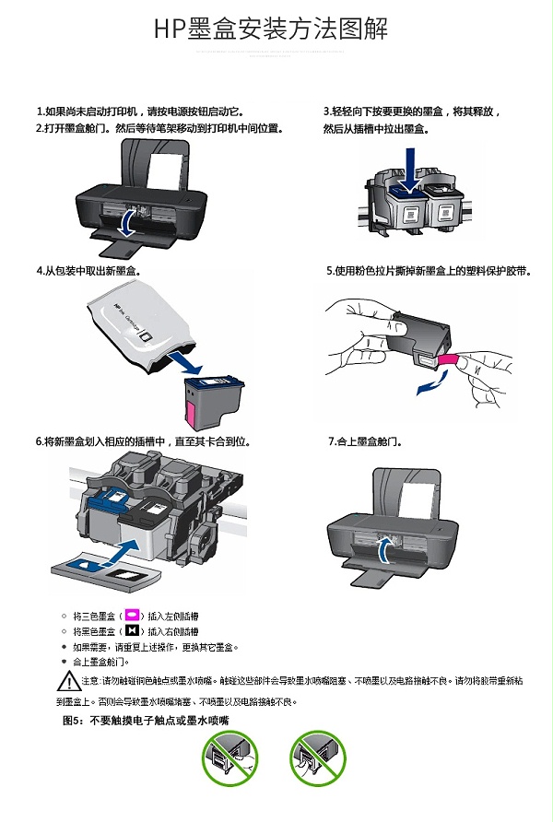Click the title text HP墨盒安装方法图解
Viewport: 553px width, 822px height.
[x=271, y=29]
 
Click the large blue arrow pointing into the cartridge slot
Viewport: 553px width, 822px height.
[x=124, y=551]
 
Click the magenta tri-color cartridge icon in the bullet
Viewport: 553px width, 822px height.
[x=133, y=614]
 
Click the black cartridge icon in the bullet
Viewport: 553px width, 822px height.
[x=133, y=630]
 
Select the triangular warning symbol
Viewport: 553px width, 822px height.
[x=69, y=682]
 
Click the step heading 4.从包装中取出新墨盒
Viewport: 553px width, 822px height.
[x=88, y=271]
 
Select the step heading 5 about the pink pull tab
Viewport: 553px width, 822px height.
[x=429, y=271]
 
